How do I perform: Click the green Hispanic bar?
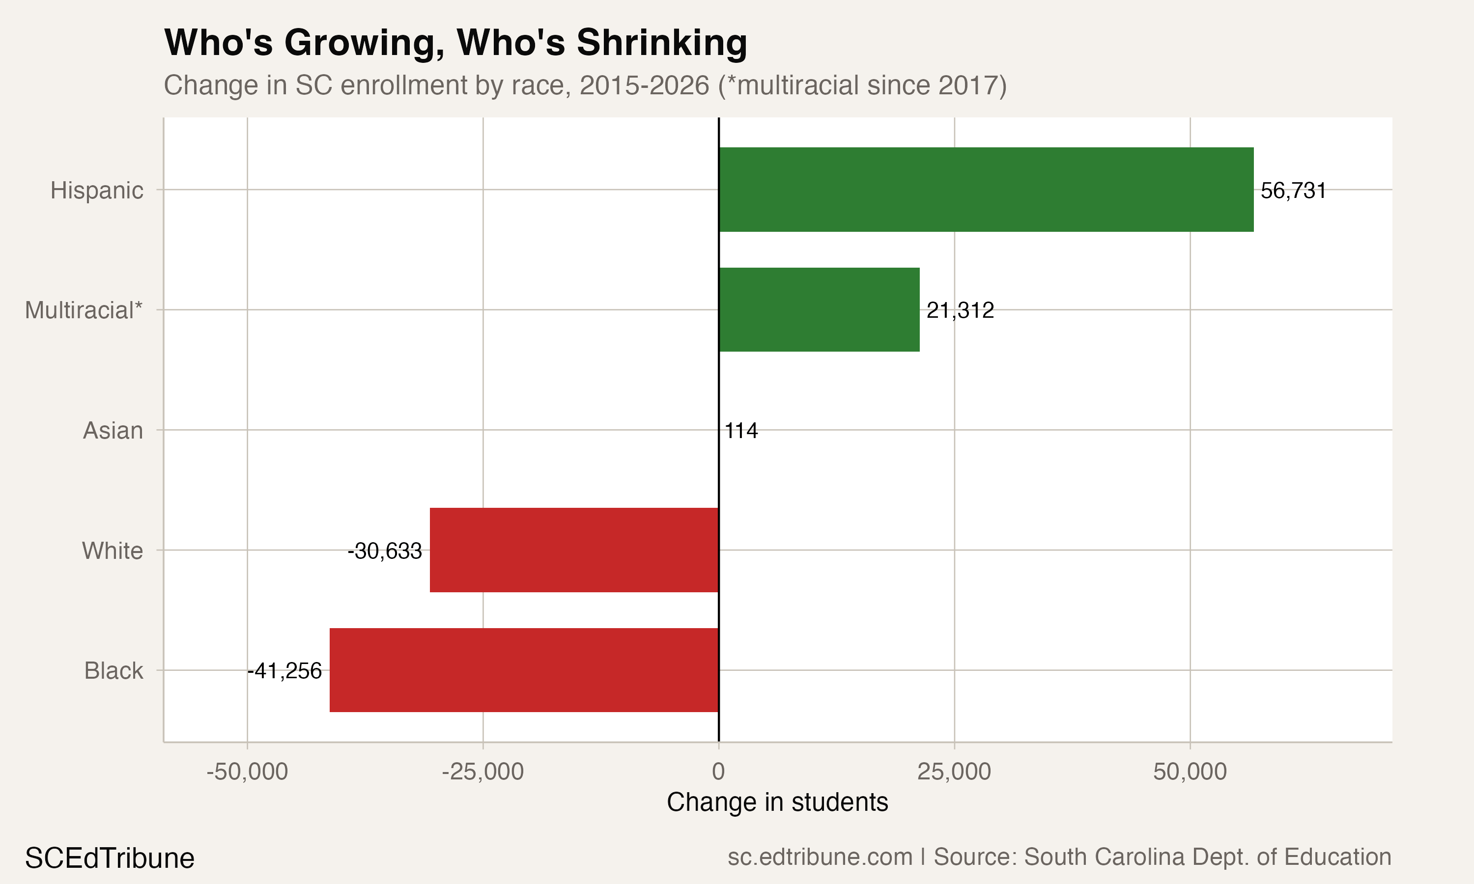(x=986, y=190)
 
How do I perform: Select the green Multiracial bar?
(x=819, y=310)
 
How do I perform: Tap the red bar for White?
(x=574, y=550)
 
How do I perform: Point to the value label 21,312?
(x=960, y=310)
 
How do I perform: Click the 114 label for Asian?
(x=741, y=431)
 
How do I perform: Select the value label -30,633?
(x=385, y=551)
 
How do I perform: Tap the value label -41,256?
(x=285, y=671)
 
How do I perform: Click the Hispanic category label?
(x=96, y=191)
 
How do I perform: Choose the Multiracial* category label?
(x=84, y=310)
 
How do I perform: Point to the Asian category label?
(x=113, y=431)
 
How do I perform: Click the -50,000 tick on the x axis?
(x=247, y=772)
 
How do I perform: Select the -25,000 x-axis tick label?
(x=482, y=772)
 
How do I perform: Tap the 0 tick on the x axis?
(x=718, y=772)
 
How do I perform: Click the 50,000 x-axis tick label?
(x=1190, y=772)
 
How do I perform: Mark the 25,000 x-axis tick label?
(x=954, y=772)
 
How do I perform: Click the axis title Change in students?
(x=777, y=802)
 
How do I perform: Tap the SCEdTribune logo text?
(x=110, y=858)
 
